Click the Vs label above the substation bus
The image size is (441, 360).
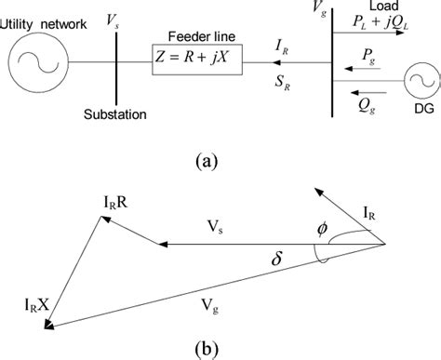coord(113,19)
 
